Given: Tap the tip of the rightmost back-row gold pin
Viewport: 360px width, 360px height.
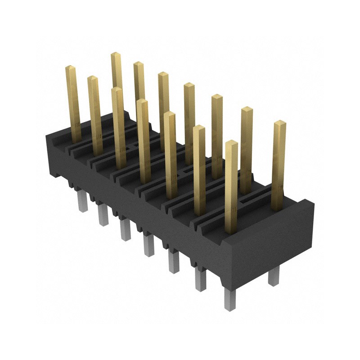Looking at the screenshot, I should tap(279, 123).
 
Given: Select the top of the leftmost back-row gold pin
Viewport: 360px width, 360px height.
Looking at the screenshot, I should tap(116, 55).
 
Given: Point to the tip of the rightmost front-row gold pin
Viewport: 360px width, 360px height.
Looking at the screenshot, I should tap(231, 143).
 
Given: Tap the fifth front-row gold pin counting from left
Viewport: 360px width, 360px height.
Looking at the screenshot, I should tap(170, 155).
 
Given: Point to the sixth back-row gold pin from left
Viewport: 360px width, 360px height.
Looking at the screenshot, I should tap(246, 148).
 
